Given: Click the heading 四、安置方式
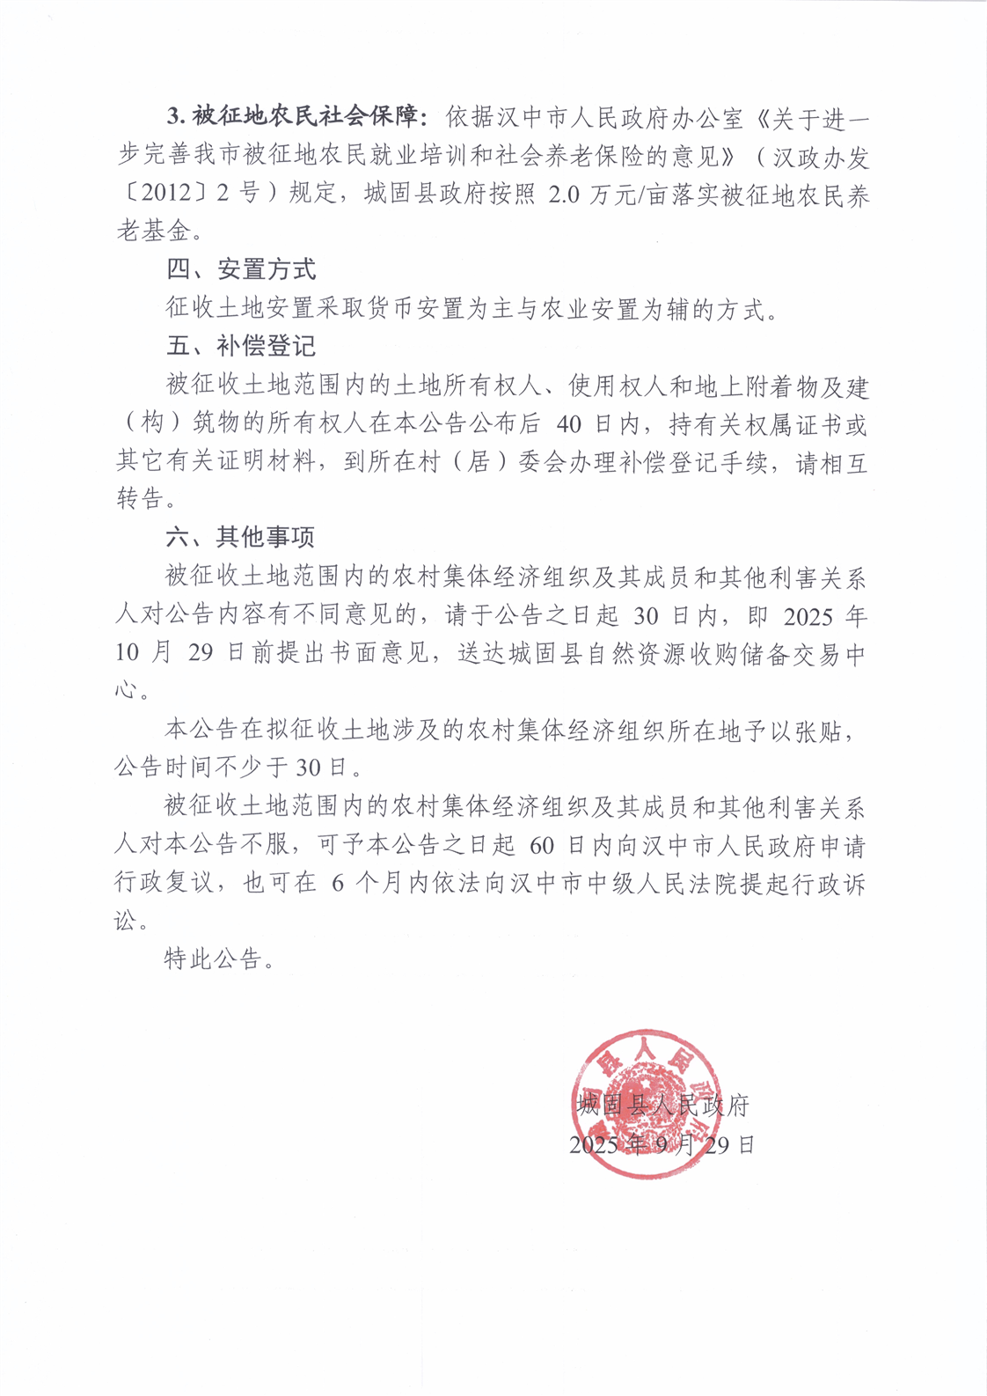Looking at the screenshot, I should click(241, 269).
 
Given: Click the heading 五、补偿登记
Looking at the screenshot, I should click(241, 346).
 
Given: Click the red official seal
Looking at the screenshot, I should click(647, 1104).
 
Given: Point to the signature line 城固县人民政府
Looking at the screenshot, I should click(663, 1106).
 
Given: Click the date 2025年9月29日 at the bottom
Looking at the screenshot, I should click(662, 1144).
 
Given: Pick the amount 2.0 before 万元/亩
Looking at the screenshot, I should click(564, 194).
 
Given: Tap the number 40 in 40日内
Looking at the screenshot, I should click(569, 424).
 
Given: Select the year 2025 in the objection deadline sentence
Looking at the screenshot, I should click(808, 615).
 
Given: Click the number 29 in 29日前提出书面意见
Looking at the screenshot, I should click(201, 652).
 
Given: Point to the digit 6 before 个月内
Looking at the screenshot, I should click(338, 883).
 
